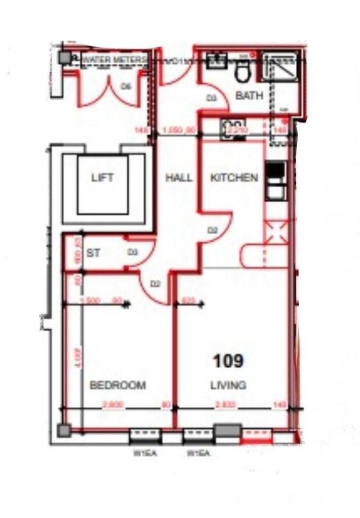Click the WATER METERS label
coord(114,60)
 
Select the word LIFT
coord(102,178)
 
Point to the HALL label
coord(179,178)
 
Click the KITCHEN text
coord(234,178)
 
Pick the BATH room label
coord(249,95)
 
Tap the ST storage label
coord(93,253)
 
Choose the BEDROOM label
coord(117,385)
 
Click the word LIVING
coord(228,385)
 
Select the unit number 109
coord(228,361)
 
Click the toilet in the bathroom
coord(242,72)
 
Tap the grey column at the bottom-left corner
coord(64,430)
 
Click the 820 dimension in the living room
coord(188,300)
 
